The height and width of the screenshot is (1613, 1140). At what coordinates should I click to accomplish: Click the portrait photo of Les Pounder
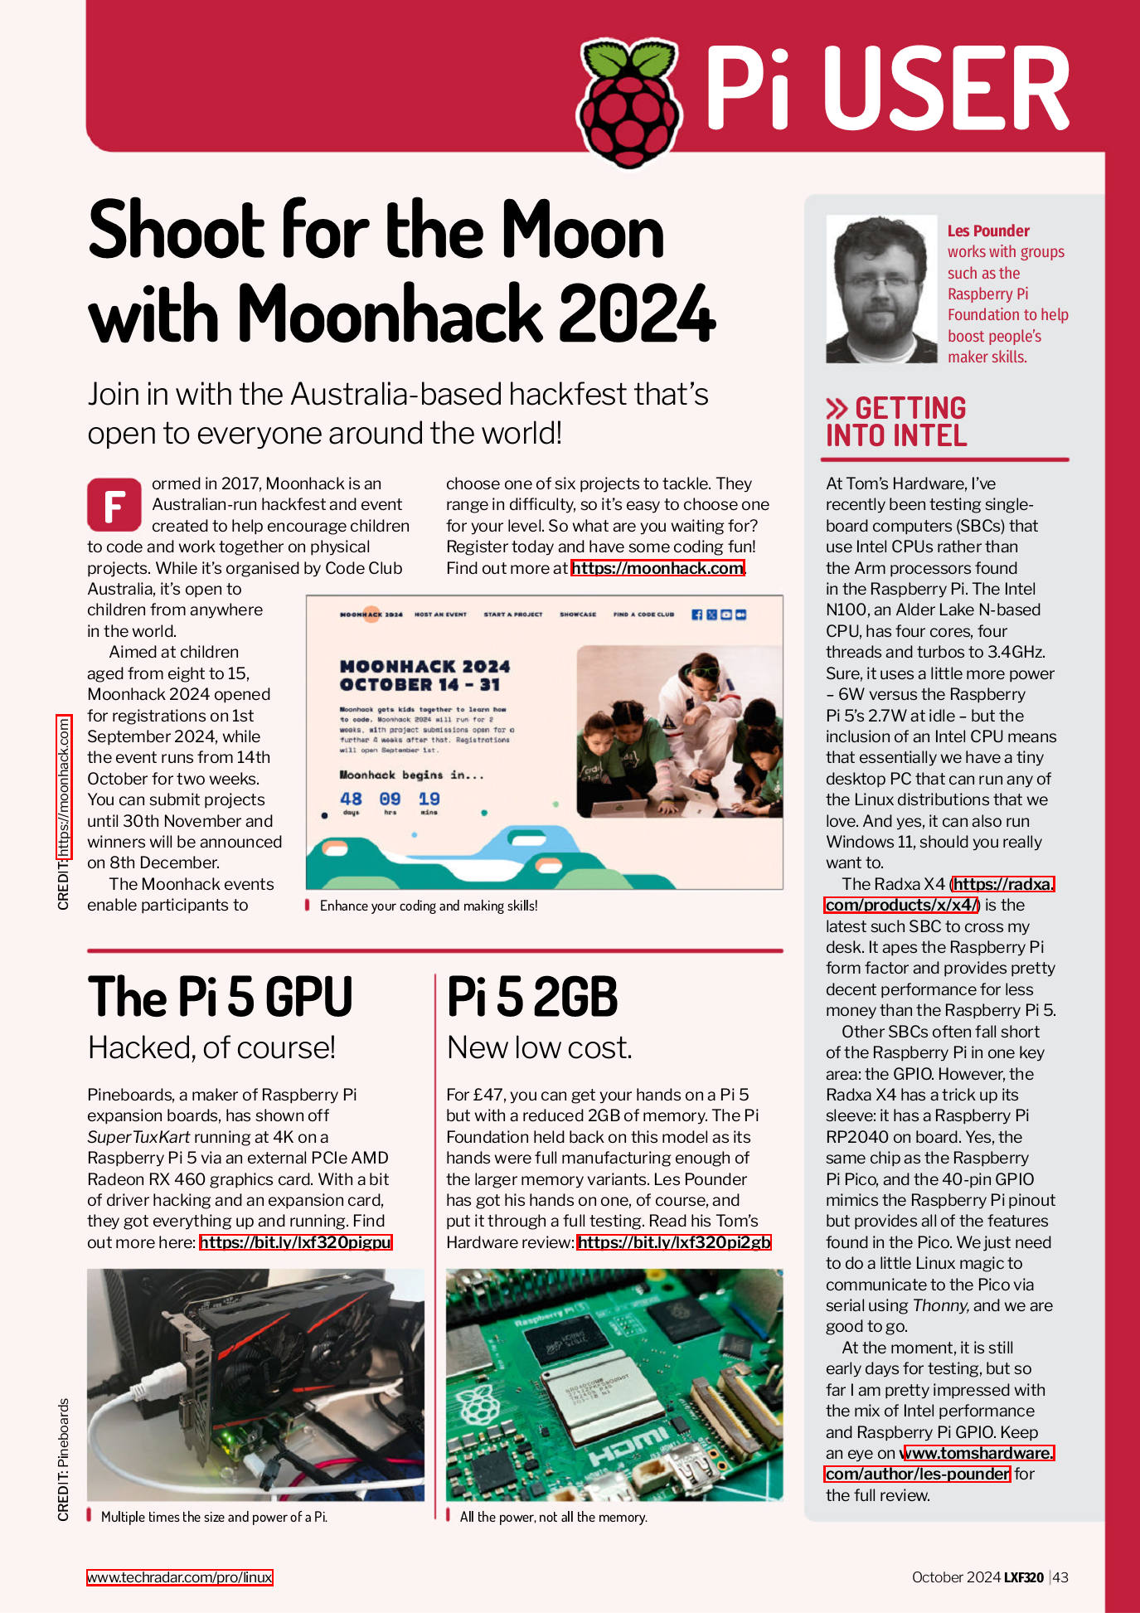click(x=881, y=289)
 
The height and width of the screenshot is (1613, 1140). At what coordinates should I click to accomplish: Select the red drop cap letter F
click(x=114, y=504)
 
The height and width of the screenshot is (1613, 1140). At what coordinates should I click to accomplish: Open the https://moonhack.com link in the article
click(x=657, y=568)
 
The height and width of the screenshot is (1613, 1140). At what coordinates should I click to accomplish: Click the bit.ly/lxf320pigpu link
click(x=295, y=1242)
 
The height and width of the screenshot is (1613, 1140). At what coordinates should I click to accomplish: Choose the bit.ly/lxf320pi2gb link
click(x=673, y=1242)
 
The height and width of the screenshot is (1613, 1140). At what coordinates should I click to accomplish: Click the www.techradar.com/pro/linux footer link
click(x=179, y=1577)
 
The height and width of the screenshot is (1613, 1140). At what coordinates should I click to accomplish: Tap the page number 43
click(x=1060, y=1577)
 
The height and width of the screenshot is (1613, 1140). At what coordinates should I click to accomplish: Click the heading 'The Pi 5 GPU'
click(x=220, y=997)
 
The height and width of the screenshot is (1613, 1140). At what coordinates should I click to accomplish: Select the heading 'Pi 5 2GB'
click(x=532, y=997)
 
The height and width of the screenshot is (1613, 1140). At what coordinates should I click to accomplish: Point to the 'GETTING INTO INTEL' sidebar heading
click(x=897, y=422)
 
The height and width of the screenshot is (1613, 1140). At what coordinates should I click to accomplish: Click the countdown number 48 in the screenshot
click(x=351, y=799)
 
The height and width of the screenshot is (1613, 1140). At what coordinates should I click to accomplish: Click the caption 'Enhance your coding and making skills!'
click(x=428, y=906)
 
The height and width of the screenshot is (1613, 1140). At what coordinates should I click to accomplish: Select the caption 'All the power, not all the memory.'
click(x=553, y=1517)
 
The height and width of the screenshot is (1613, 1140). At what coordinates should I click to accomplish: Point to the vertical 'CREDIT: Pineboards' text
click(x=64, y=1460)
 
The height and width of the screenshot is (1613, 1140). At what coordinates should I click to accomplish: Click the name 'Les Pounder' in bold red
click(x=988, y=231)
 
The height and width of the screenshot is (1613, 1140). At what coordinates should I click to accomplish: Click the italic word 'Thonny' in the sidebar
click(x=939, y=1305)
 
